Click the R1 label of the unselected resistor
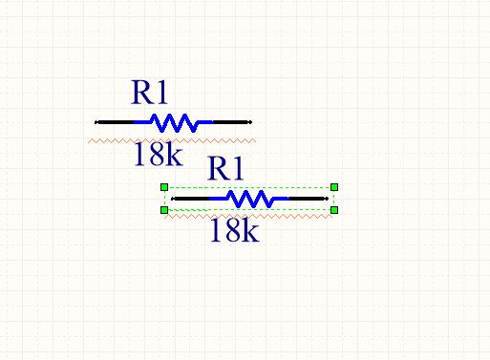[x=149, y=93]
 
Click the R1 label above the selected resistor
[x=225, y=168]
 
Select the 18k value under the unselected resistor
[x=159, y=154]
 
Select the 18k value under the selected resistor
[x=235, y=230]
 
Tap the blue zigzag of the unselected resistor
[x=174, y=122]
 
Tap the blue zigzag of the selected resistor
[x=249, y=199]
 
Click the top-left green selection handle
[x=164, y=187]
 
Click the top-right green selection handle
[x=334, y=187]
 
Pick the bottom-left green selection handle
[x=164, y=210]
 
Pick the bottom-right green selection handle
[x=334, y=210]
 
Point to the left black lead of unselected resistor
[x=115, y=122]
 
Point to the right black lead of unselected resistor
[x=232, y=122]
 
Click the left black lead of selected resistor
[x=191, y=199]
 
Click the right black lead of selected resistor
[x=309, y=199]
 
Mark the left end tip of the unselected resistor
[x=96, y=122]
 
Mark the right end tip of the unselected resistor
[x=251, y=122]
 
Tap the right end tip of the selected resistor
[x=328, y=199]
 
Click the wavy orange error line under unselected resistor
[x=172, y=140]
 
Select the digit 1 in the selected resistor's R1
[x=238, y=169]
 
